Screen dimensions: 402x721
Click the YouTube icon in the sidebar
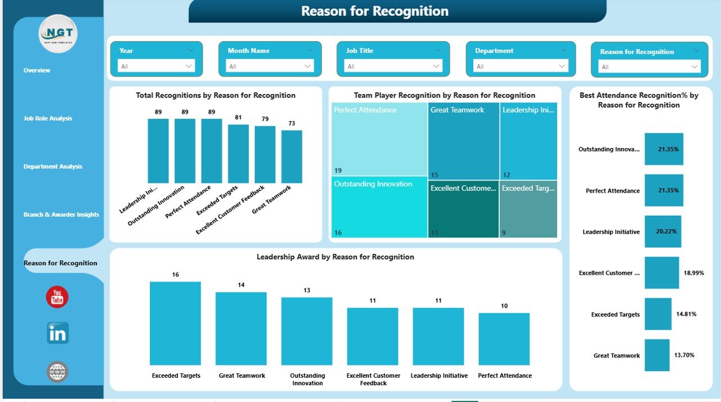(57, 297)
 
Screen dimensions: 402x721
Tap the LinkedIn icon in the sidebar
(57, 333)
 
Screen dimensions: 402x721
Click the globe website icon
(57, 372)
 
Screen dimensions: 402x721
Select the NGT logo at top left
(58, 34)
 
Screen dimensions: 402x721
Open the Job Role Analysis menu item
(48, 119)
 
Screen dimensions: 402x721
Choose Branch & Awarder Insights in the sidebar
(61, 215)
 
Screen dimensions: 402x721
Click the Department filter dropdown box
(520, 66)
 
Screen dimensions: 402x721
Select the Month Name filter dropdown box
(270, 66)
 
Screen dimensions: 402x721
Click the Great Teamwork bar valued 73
(292, 157)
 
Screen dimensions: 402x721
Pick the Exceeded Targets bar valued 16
(175, 323)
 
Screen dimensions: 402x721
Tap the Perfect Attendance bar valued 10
(504, 339)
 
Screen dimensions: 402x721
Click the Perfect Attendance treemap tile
(379, 139)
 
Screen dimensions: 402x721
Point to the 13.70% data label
(684, 355)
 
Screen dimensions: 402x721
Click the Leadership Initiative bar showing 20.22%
(663, 231)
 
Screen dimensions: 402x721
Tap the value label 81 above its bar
(238, 117)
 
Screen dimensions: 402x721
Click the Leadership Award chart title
(335, 257)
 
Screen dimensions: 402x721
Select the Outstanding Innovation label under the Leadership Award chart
(307, 379)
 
